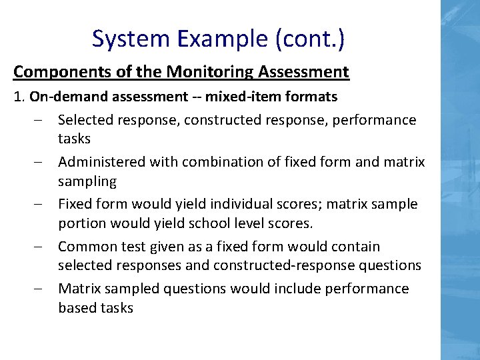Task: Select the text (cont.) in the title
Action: (309, 39)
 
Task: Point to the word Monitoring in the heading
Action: (205, 71)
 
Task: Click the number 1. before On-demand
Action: (19, 97)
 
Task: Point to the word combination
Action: (224, 162)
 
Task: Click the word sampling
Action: (87, 181)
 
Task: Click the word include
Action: (300, 289)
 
